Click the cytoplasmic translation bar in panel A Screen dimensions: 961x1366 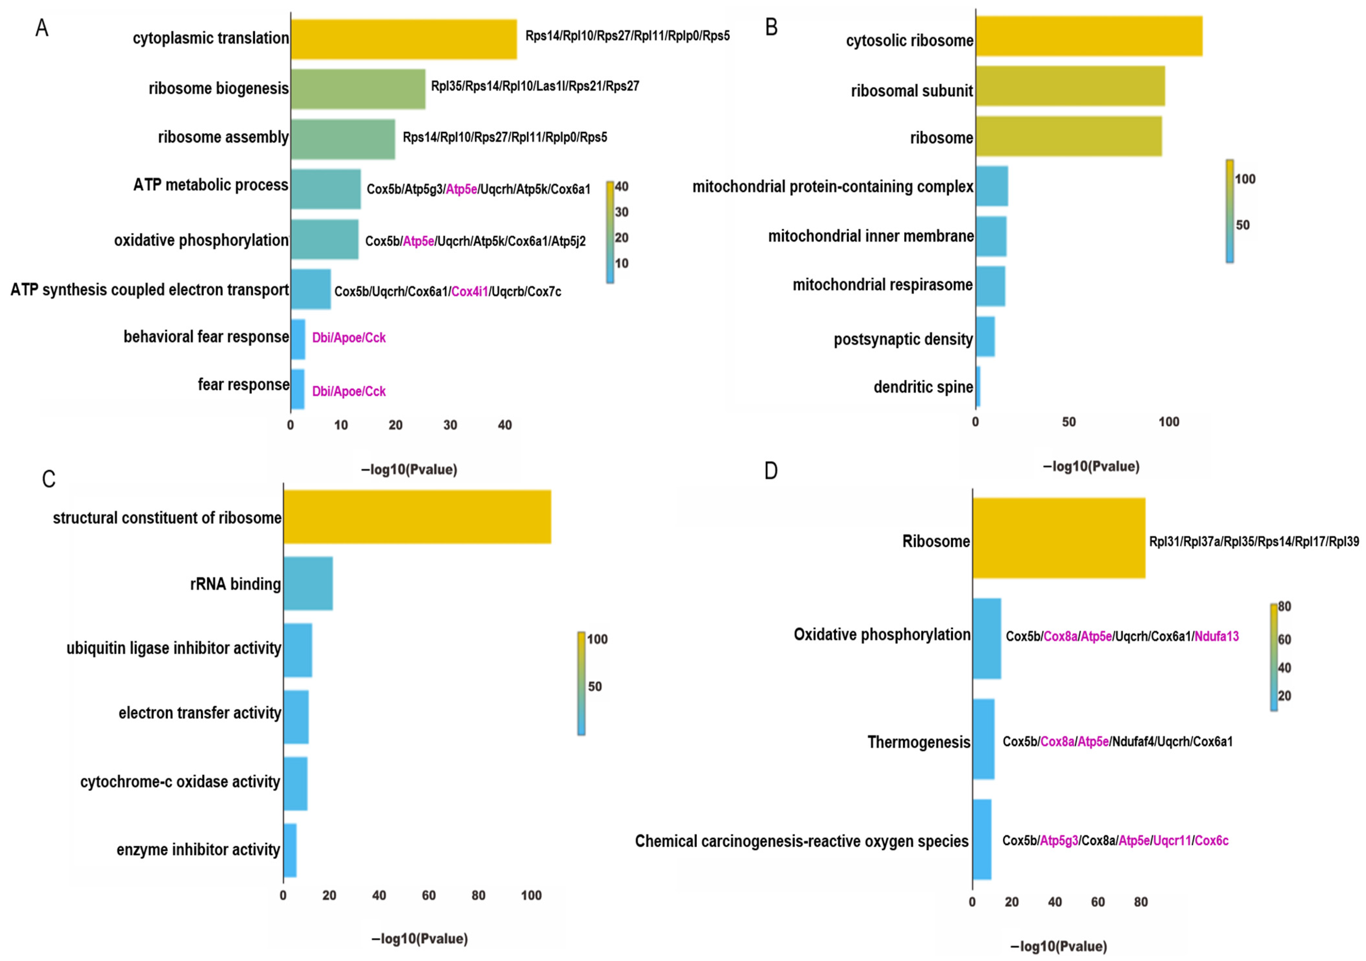[403, 39]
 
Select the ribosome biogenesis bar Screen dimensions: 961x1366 [357, 89]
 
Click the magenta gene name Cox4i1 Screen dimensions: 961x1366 [469, 292]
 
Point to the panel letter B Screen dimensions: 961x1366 [771, 27]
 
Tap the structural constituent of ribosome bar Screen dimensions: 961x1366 [416, 517]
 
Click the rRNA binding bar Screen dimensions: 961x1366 [308, 583]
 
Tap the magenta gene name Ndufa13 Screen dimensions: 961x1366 [1216, 636]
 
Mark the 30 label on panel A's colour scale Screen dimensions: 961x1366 [621, 212]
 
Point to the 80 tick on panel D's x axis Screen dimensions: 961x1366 [1140, 902]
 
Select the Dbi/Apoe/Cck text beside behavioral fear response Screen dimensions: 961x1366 [349, 338]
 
